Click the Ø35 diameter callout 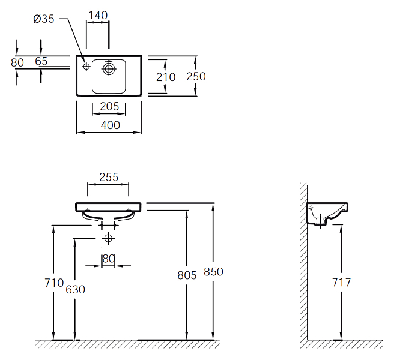pos(44,19)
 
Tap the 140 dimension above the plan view pos(98,16)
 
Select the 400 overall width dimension pos(111,125)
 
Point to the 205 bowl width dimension pos(109,106)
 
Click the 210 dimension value pos(166,77)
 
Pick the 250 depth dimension pos(196,76)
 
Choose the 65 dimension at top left pos(41,61)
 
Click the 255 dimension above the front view pos(109,177)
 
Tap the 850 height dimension pos(213,272)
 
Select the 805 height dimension pos(187,275)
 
